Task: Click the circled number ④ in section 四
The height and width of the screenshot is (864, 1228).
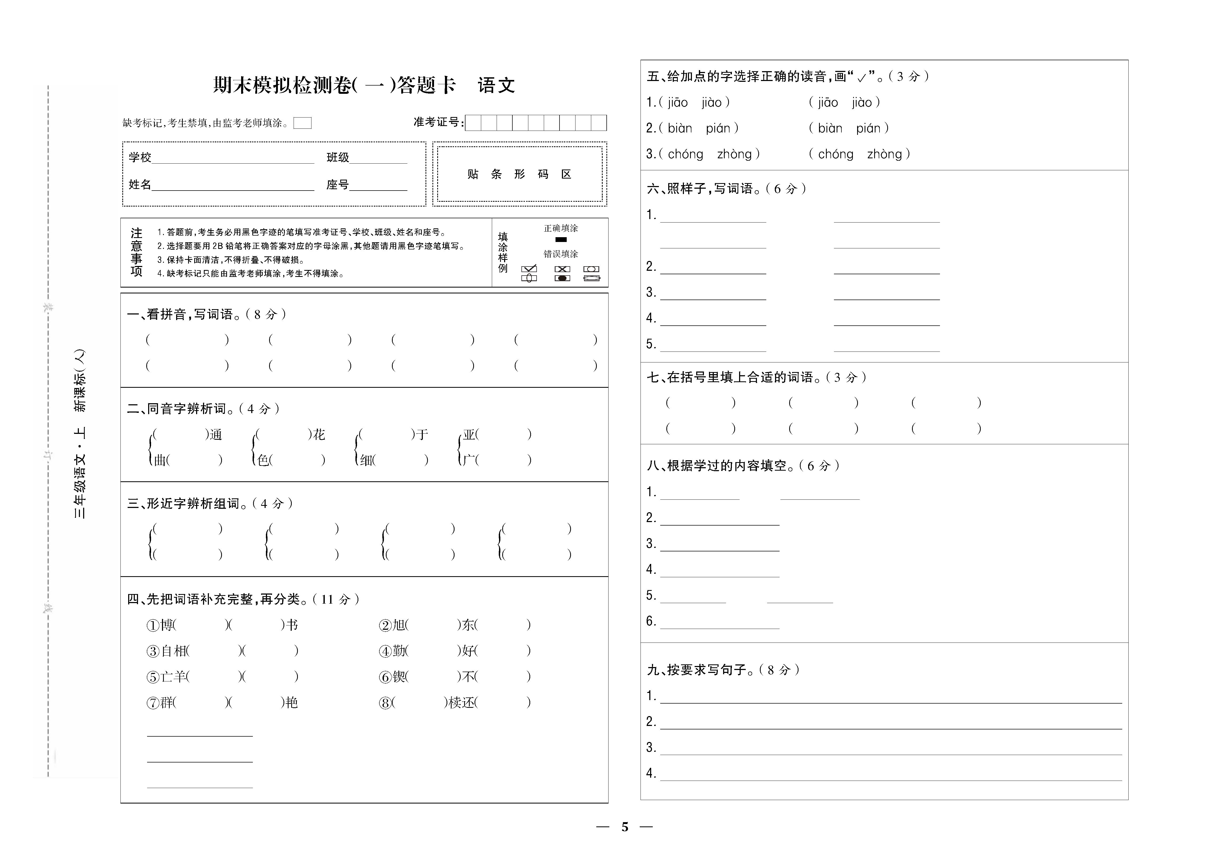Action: (385, 651)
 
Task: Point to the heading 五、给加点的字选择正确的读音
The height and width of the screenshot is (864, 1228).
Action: (786, 76)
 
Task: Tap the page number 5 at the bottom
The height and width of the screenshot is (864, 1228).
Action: (625, 827)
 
